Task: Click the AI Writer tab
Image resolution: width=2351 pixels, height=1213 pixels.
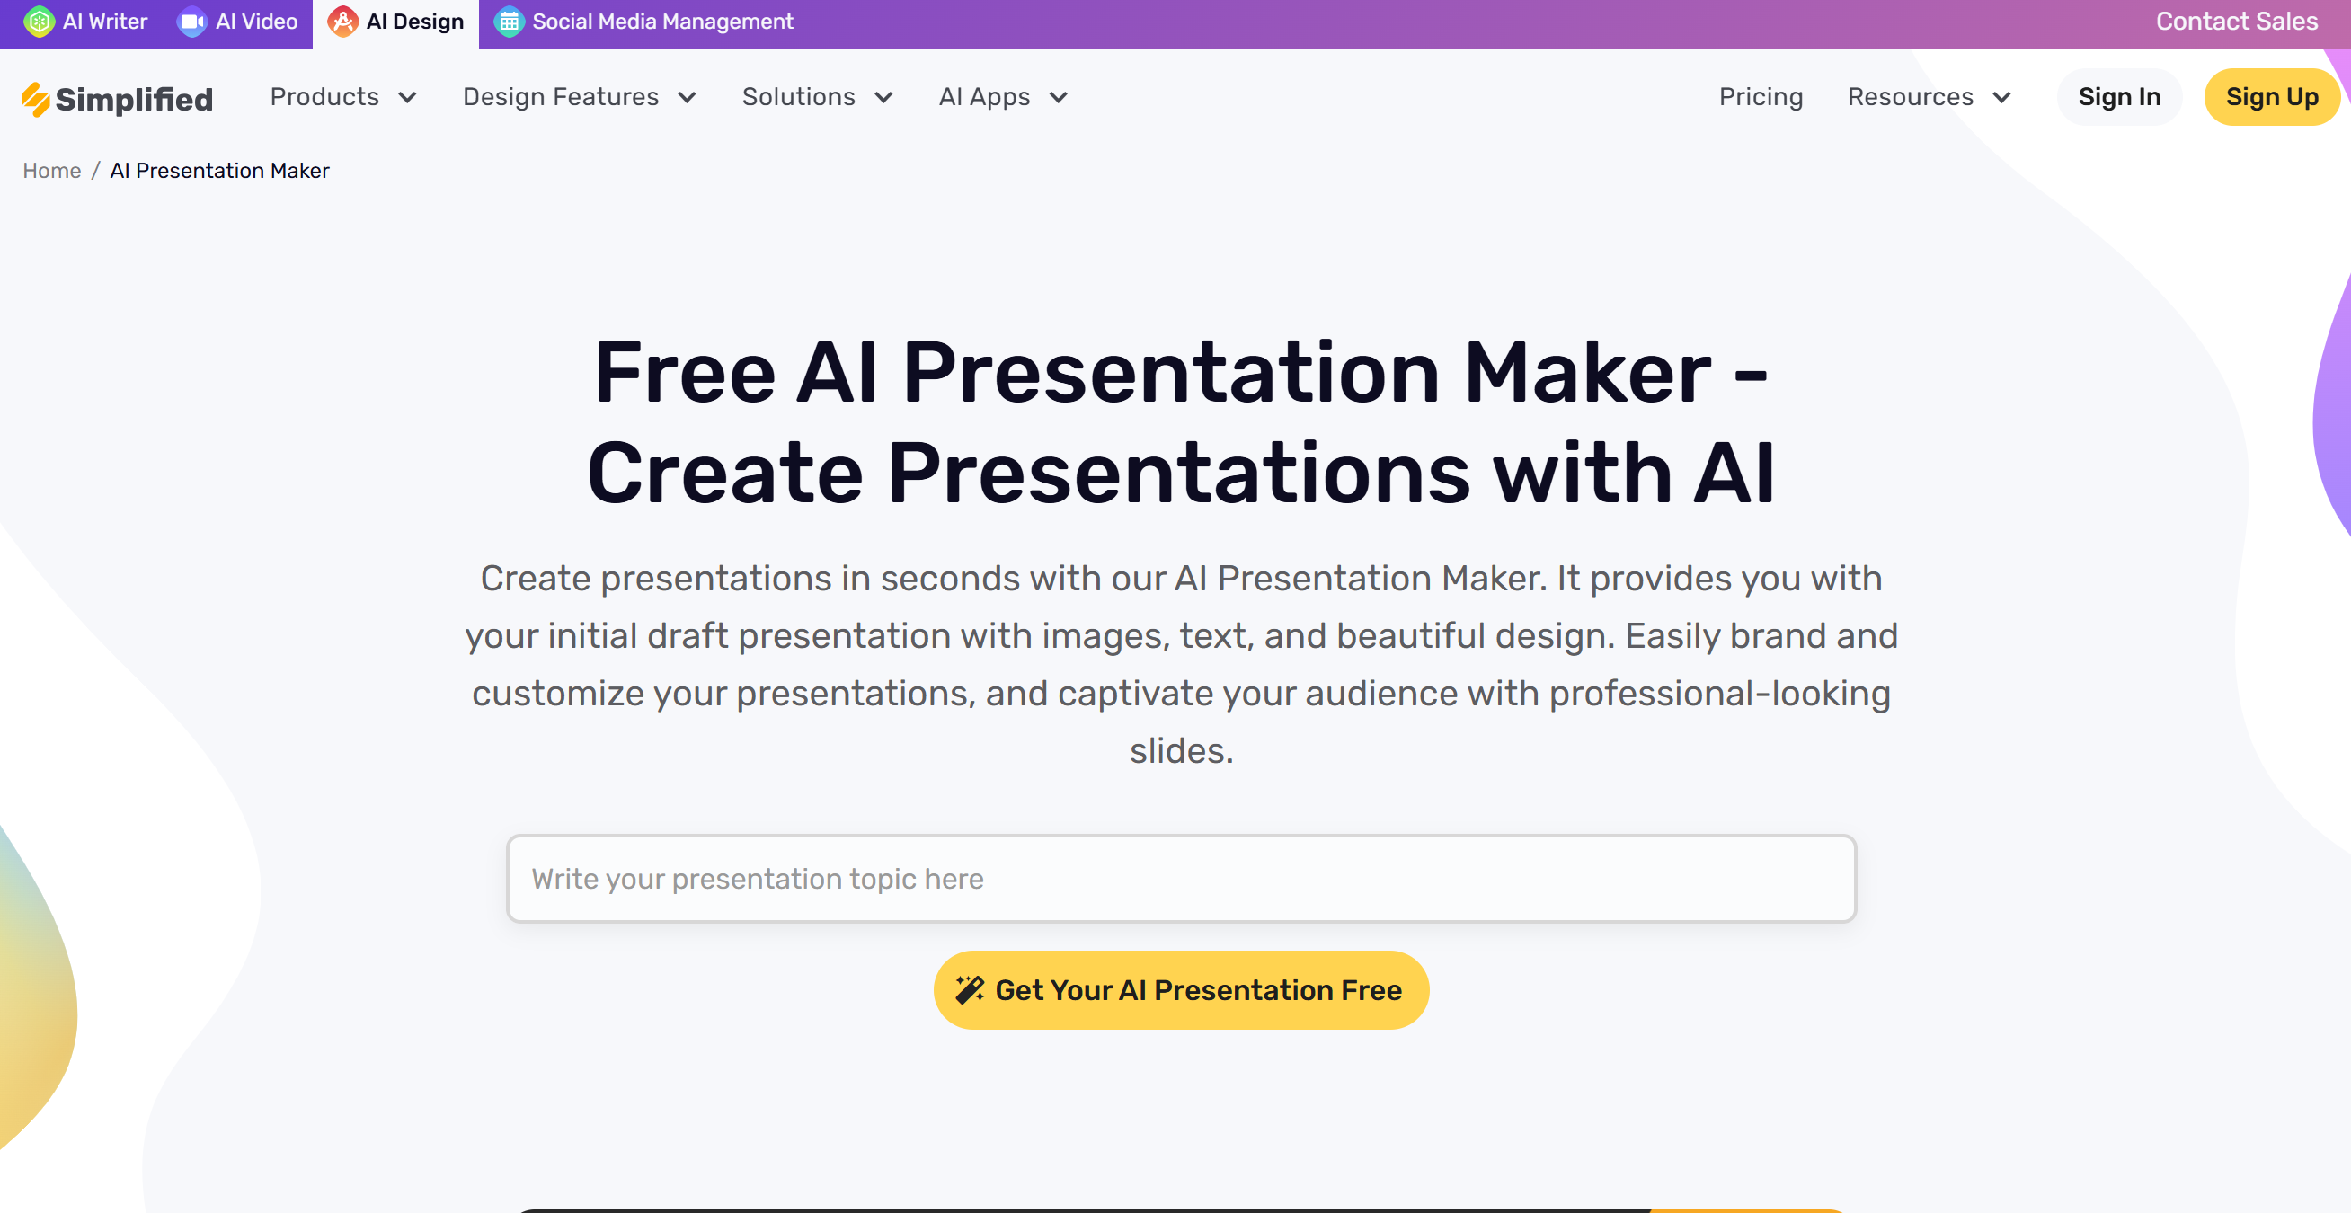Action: [85, 22]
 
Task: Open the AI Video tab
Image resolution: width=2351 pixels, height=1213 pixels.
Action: [237, 22]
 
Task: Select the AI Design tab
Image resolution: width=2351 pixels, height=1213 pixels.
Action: [396, 22]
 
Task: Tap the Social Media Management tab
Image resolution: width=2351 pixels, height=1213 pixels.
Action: [643, 22]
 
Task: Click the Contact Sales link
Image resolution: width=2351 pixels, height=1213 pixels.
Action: [2236, 22]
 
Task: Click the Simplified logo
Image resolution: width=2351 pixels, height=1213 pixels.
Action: [118, 99]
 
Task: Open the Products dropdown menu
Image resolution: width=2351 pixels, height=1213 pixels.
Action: [343, 97]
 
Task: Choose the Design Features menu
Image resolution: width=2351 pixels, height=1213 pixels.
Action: [580, 97]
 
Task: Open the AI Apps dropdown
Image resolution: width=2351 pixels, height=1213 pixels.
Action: [1003, 97]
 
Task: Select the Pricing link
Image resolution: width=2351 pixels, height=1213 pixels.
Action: [1761, 97]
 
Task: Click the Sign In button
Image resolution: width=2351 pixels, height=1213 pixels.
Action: [2119, 97]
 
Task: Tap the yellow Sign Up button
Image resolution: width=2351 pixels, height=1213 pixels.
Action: [2272, 97]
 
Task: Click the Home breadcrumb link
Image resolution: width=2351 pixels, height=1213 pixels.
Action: [52, 171]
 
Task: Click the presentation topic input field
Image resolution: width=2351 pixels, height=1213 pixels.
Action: [1181, 878]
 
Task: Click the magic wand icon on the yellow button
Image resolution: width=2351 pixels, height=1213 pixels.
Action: [969, 989]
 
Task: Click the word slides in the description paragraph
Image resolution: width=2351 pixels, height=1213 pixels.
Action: [1181, 750]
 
